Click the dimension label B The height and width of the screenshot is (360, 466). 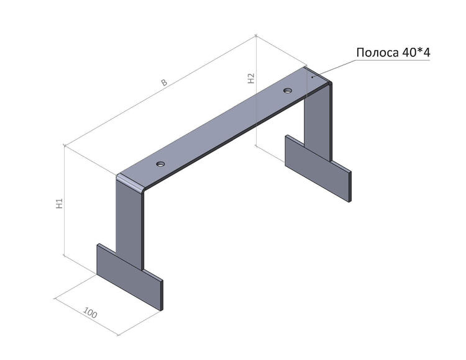pyautogui.click(x=165, y=82)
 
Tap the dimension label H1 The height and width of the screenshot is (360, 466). pyautogui.click(x=60, y=204)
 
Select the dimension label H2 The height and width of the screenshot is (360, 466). pyautogui.click(x=252, y=78)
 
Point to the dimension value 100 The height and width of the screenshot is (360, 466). pyautogui.click(x=89, y=313)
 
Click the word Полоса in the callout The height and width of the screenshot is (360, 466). pyautogui.click(x=377, y=53)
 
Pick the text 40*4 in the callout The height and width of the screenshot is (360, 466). pyautogui.click(x=416, y=53)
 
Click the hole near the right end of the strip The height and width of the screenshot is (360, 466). pyautogui.click(x=288, y=90)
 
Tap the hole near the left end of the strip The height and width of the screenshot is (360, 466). pyautogui.click(x=160, y=163)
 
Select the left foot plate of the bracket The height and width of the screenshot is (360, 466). pyautogui.click(x=130, y=277)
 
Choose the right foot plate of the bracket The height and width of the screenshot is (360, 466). pyautogui.click(x=318, y=168)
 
